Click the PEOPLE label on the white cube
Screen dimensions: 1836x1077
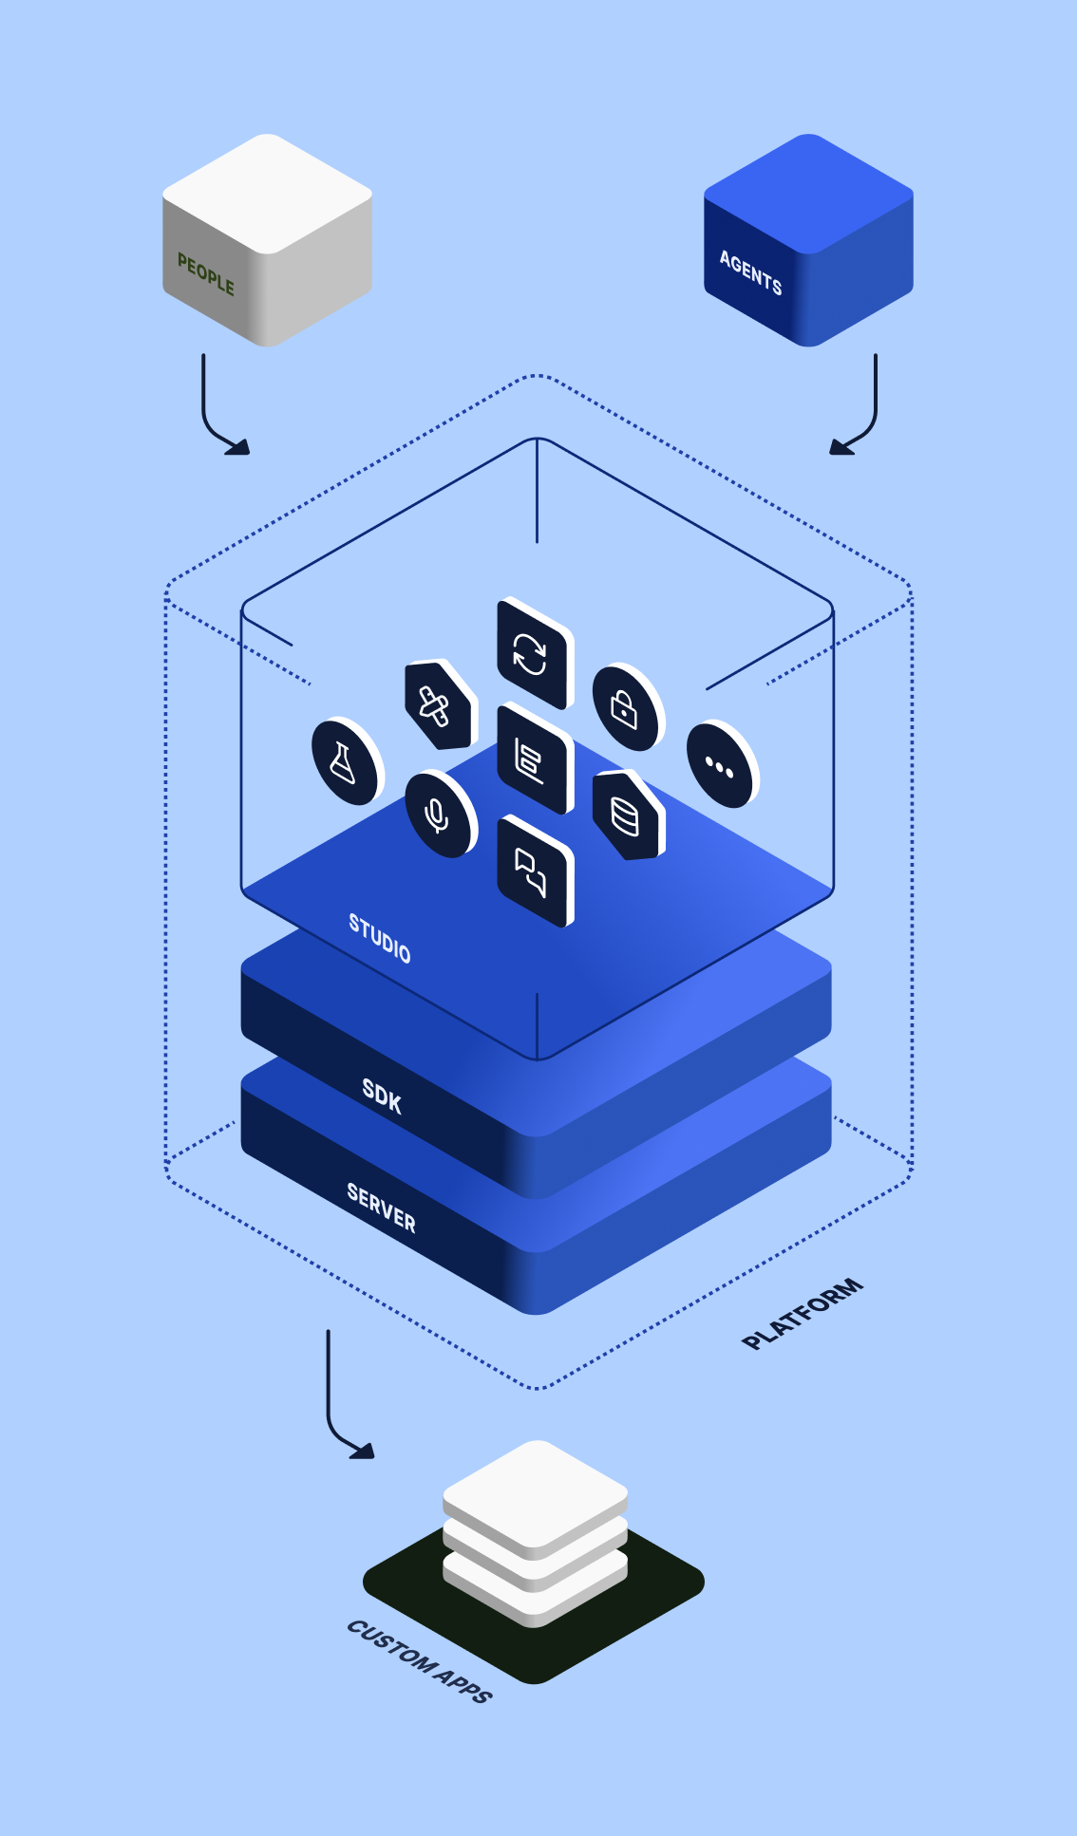click(x=205, y=274)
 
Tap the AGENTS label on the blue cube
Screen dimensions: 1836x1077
click(x=750, y=273)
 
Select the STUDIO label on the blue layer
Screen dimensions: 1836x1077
click(x=379, y=939)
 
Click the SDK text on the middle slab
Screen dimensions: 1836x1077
click(x=382, y=1096)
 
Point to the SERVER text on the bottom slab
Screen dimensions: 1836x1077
click(x=381, y=1208)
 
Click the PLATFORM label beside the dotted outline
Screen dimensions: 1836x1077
click(x=803, y=1314)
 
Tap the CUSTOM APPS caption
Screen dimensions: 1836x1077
click(x=419, y=1661)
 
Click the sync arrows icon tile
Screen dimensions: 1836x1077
click(x=532, y=654)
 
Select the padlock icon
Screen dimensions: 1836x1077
click(x=625, y=707)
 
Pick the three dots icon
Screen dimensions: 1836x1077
click(x=719, y=765)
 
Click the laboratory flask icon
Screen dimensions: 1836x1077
click(x=344, y=762)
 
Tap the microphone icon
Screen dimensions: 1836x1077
click(x=437, y=814)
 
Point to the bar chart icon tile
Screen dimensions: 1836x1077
click(x=532, y=760)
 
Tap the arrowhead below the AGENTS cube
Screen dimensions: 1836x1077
click(x=840, y=447)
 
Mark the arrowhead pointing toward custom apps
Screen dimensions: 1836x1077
click(x=365, y=1451)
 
